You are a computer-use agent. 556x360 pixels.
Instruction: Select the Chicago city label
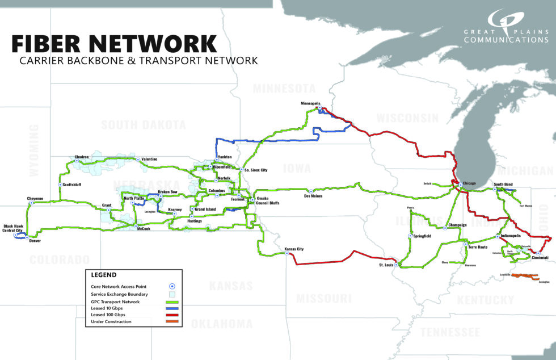tap(470, 183)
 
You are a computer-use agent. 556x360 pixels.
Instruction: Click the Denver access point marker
tap(27, 237)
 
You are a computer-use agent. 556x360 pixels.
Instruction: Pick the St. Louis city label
tap(389, 265)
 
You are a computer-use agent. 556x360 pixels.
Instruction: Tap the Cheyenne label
tap(35, 198)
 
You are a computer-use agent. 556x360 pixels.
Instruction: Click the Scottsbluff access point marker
tap(60, 185)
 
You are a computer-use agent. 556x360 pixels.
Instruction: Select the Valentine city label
tap(149, 159)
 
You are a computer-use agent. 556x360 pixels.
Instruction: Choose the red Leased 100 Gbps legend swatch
tap(172, 314)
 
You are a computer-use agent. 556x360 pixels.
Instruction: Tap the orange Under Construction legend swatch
tap(172, 321)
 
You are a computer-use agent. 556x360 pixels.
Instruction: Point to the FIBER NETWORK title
tap(114, 44)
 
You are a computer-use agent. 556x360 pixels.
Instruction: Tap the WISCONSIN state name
tap(407, 118)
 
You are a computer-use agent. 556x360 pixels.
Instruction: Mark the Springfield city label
tap(422, 236)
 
